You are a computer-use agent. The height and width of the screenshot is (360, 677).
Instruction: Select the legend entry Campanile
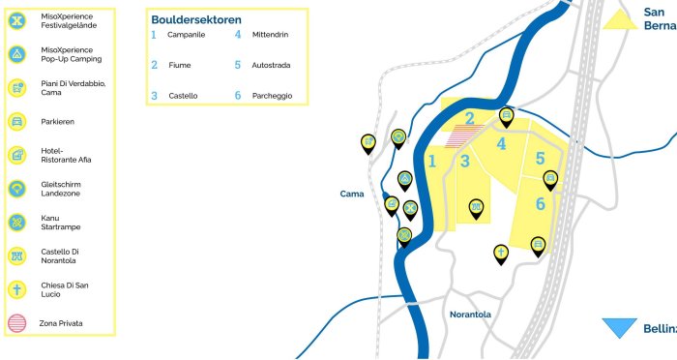pyautogui.click(x=185, y=35)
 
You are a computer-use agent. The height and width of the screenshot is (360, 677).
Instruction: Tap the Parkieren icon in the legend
pyautogui.click(x=16, y=122)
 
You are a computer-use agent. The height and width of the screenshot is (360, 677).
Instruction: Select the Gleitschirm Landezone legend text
pyautogui.click(x=65, y=189)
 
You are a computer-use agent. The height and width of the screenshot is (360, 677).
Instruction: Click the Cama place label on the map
pyautogui.click(x=351, y=195)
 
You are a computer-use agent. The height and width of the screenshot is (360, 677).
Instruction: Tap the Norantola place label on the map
pyautogui.click(x=470, y=315)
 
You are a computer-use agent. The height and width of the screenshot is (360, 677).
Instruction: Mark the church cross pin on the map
pyautogui.click(x=501, y=253)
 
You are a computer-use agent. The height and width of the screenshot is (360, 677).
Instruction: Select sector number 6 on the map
pyautogui.click(x=541, y=204)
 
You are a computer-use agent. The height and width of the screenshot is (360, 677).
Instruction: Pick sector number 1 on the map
pyautogui.click(x=433, y=161)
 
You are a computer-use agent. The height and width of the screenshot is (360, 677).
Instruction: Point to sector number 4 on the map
pyautogui.click(x=501, y=144)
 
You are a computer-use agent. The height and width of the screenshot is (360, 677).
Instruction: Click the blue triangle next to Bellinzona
pyautogui.click(x=619, y=327)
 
